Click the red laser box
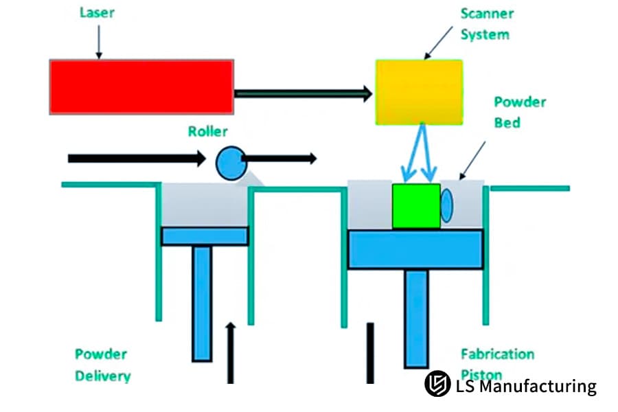coord(141,87)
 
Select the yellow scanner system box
coord(419,92)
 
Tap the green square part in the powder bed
coord(416,206)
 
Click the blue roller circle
coord(230,163)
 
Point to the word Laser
coord(97,12)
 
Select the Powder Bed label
coord(520,112)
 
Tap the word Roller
coord(207,131)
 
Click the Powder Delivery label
coord(102,365)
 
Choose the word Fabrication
coord(497,354)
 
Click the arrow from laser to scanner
coord(303,93)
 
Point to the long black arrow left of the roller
coord(137,159)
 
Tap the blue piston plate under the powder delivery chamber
coord(205,236)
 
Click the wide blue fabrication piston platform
coord(415,249)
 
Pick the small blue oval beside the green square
coord(446,205)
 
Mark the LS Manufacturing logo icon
coord(437,385)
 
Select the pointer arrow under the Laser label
coord(99,43)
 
